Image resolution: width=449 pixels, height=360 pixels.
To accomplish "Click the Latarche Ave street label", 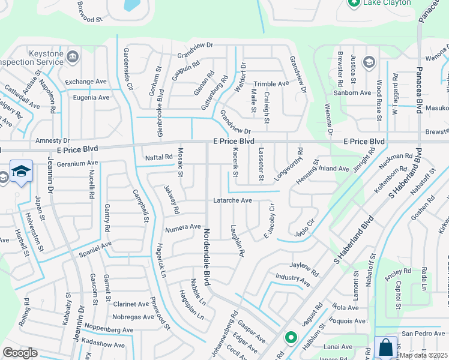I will click(231, 200).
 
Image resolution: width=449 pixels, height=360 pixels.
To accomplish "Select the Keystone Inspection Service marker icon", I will click(72, 56).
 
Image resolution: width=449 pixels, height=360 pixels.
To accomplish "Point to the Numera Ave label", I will click(182, 227).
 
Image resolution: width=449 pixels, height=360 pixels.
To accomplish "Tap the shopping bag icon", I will click(385, 347).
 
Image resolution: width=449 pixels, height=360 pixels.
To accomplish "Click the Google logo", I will click(20, 353).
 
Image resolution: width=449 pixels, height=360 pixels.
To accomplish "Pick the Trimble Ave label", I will click(271, 84).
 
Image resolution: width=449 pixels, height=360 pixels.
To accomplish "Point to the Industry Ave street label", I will click(293, 279).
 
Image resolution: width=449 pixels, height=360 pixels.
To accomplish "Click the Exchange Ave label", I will click(86, 82).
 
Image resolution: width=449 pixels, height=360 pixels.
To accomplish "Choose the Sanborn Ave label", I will click(353, 93).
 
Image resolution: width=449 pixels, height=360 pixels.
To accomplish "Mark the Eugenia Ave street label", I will click(91, 97).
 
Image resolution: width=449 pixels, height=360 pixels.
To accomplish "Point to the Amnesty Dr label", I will click(53, 140).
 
